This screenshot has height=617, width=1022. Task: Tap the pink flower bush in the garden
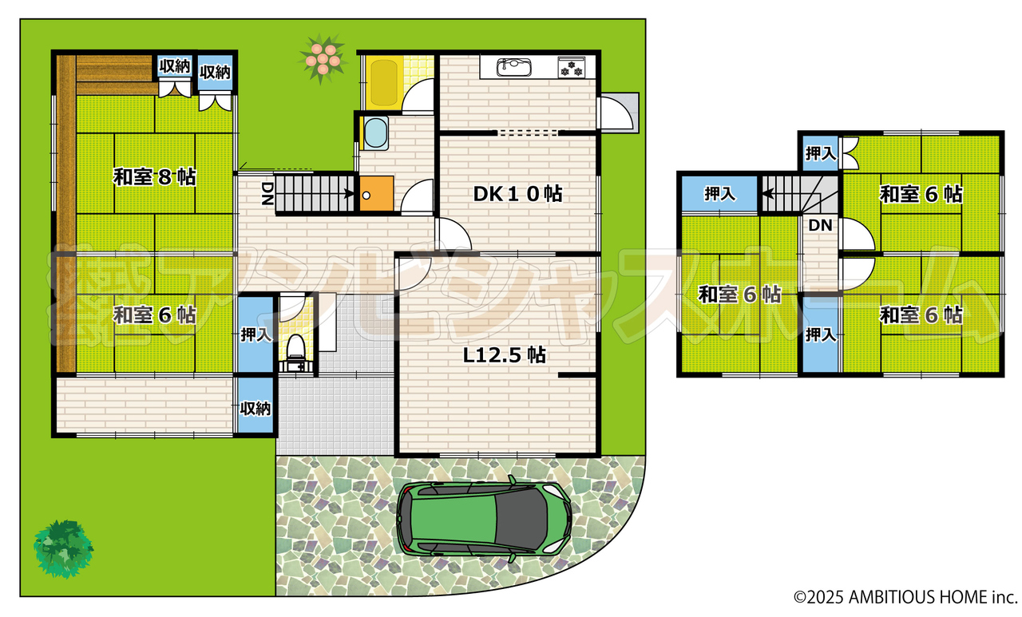[x=323, y=59]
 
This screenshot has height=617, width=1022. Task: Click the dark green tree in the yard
[x=63, y=548]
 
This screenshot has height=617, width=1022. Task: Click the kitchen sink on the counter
[x=513, y=67]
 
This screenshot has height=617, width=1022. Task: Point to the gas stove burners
[x=571, y=67]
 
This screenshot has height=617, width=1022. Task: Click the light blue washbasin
[x=376, y=132]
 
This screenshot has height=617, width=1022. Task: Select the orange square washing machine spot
[x=376, y=193]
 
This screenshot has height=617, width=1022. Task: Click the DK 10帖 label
[x=517, y=194]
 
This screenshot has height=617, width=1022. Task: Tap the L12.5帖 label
[x=504, y=354]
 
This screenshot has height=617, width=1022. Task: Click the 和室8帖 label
[x=155, y=177]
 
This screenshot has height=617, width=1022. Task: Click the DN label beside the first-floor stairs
[x=267, y=193]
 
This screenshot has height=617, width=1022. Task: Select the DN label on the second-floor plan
[x=820, y=225]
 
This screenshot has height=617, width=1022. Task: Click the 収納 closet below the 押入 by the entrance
[x=255, y=405]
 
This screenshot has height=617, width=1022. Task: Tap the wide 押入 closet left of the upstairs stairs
[x=719, y=193]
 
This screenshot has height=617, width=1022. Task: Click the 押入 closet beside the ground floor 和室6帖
[x=255, y=334]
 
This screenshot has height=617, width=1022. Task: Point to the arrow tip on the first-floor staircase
[x=354, y=193]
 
